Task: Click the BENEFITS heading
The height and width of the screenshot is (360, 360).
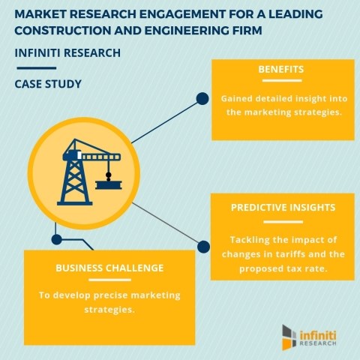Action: (x=281, y=69)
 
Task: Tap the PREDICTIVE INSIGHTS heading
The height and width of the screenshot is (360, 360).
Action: (x=283, y=208)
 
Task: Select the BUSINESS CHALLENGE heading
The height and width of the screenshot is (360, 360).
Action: (x=109, y=268)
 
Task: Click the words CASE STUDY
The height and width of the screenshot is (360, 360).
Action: (x=48, y=84)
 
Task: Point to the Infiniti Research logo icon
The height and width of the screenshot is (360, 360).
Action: (x=289, y=337)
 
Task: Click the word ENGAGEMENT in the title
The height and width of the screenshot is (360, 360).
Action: (x=182, y=14)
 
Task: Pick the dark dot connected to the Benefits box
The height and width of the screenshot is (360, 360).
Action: (x=202, y=98)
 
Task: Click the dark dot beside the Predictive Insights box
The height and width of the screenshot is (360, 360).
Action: (x=203, y=247)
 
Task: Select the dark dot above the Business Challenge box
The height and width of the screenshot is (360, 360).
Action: (x=57, y=239)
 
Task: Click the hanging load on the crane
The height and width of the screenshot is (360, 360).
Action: (x=109, y=184)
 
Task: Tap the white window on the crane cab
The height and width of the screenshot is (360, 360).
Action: (x=79, y=155)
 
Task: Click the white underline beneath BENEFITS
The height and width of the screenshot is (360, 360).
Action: (x=282, y=80)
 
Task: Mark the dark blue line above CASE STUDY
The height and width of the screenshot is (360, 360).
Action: (x=37, y=68)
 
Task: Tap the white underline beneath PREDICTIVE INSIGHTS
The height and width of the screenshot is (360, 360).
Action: (x=283, y=222)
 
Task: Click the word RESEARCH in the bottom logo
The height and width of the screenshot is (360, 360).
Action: (x=318, y=343)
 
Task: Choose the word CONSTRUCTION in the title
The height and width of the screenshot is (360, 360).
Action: (x=63, y=31)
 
